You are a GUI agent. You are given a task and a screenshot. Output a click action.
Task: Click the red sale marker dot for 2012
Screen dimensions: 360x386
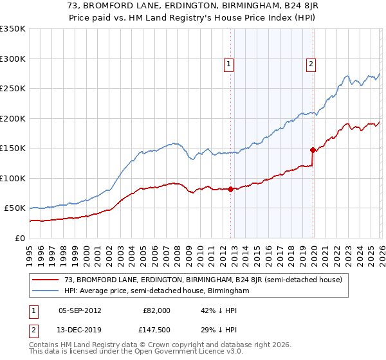coord(230,189)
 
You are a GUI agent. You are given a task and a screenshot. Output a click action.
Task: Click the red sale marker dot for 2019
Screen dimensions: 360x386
coord(313,150)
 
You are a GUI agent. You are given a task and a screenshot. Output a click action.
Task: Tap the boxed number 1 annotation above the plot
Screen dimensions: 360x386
coord(229,64)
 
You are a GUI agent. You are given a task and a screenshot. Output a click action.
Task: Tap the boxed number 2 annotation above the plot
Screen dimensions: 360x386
coord(311,64)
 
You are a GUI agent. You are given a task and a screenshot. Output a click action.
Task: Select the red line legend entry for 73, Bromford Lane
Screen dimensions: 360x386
coord(207,280)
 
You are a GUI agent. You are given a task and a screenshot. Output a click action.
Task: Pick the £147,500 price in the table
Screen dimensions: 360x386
coord(157,330)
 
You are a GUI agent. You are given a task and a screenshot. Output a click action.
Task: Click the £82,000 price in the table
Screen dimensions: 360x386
coord(157,310)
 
